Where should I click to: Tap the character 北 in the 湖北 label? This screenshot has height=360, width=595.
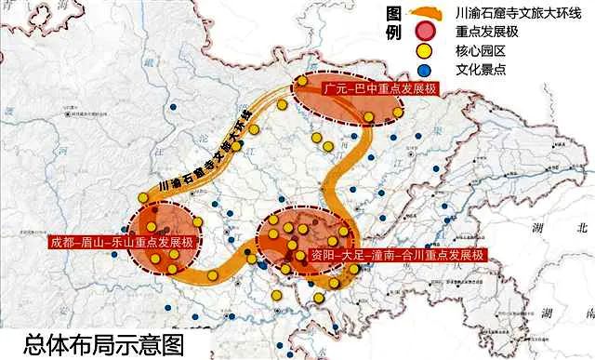[582, 226]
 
